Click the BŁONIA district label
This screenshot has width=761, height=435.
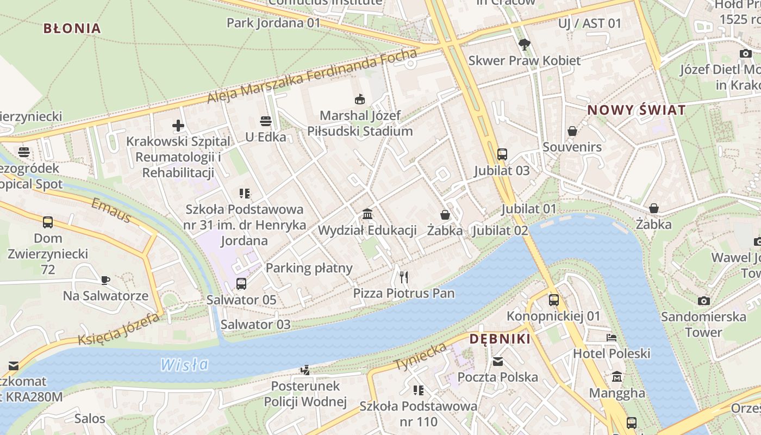click(72, 28)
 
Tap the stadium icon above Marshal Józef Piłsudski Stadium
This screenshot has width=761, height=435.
click(359, 100)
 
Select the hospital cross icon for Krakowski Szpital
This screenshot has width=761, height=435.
click(178, 126)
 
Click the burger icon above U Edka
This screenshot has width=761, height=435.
click(265, 121)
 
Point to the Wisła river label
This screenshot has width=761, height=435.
click(184, 364)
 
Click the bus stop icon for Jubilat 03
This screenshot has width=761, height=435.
click(502, 154)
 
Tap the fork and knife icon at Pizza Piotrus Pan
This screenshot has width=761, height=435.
click(403, 277)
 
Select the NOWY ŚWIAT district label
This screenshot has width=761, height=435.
click(636, 110)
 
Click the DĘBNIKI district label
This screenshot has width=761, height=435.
click(500, 339)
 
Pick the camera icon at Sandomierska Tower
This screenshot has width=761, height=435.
click(703, 301)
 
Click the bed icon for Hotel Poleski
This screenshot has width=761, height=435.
click(612, 338)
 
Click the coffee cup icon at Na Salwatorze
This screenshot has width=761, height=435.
click(105, 280)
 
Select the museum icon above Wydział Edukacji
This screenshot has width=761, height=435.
click(367, 214)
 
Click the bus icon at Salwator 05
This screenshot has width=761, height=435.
click(241, 283)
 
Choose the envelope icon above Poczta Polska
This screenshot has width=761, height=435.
click(497, 361)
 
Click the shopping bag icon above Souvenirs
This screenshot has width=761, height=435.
click(572, 131)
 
